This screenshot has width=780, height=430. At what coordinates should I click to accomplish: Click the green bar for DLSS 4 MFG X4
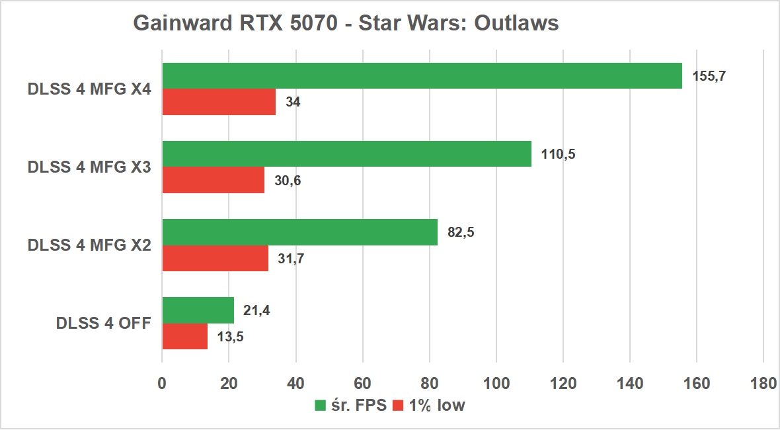pos(422,76)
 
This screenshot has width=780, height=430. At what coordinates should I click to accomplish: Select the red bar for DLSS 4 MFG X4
pos(219,102)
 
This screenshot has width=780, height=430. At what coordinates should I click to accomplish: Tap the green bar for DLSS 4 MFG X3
pos(346,153)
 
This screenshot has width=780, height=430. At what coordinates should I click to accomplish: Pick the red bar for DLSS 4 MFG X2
pos(215,258)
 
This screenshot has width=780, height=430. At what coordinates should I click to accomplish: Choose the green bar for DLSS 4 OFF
pos(198,310)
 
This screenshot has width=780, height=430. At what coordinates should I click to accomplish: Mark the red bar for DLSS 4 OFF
pos(184,336)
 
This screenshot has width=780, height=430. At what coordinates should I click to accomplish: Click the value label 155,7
pos(709,75)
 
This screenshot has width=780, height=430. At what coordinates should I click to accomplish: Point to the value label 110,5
pos(559,154)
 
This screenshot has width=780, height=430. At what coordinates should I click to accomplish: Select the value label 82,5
pos(461,232)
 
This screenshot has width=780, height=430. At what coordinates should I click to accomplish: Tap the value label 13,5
pos(230,337)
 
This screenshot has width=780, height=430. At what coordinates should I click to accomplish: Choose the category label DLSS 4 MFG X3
pos(89,167)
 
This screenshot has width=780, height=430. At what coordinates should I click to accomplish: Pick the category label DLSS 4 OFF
pos(103,323)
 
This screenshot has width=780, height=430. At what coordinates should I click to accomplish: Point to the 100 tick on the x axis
pos(496,384)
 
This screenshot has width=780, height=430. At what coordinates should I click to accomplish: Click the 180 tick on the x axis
pos(763,384)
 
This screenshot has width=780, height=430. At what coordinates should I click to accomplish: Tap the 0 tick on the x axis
pos(162,384)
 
